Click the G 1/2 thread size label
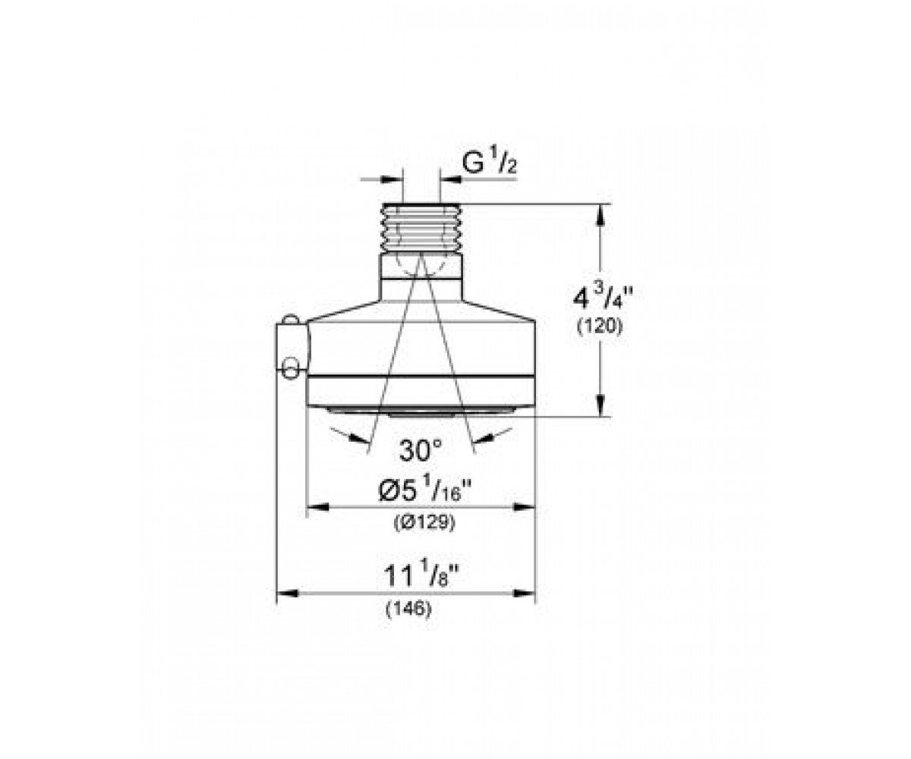click(489, 163)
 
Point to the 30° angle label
click(421, 450)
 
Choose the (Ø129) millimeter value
click(424, 521)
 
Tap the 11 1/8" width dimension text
click(422, 576)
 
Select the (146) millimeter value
click(409, 609)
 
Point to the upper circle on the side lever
click(290, 320)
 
